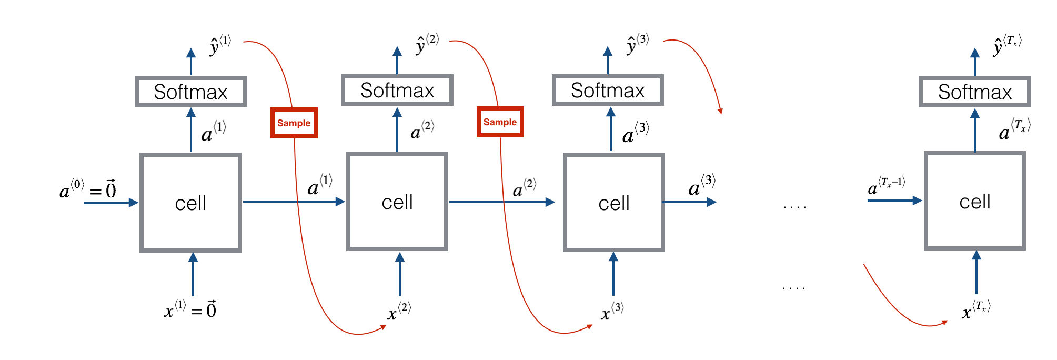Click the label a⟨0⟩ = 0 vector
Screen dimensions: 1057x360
[x=87, y=189]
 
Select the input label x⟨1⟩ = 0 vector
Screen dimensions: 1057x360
[x=190, y=309]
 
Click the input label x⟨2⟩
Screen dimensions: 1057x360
[x=399, y=311]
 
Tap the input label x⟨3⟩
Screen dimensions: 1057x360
[x=612, y=311]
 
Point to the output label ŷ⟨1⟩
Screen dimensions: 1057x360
[x=220, y=45]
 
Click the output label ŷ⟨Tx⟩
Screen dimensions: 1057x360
[x=1007, y=45]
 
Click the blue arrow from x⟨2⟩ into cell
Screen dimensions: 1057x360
[x=400, y=274]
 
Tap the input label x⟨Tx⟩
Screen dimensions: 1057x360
[x=976, y=309]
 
